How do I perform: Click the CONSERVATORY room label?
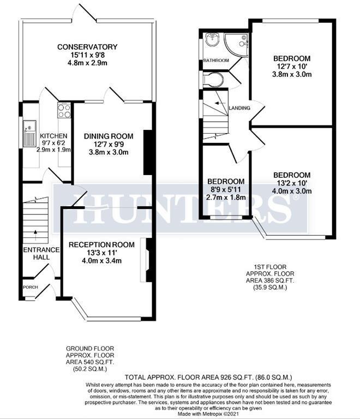point(87,47)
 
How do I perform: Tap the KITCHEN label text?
point(53,136)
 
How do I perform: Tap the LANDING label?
point(240,108)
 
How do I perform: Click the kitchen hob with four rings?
point(64,111)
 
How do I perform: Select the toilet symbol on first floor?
point(213,81)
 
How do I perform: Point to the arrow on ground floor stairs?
point(36,232)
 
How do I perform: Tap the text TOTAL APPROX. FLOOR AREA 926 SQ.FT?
point(209,377)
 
